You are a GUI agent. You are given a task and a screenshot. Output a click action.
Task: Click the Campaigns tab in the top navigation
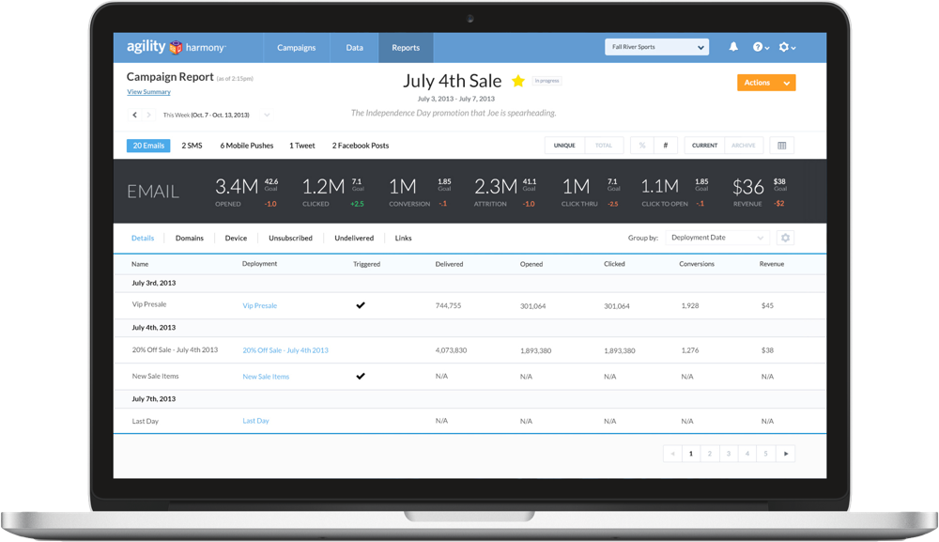pos(296,48)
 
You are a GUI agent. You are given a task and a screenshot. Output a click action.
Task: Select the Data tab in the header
pos(354,48)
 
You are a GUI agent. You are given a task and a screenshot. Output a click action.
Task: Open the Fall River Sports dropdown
pos(656,48)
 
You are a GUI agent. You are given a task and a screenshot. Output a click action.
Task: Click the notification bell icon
pos(733,48)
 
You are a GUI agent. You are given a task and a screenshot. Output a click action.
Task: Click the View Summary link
pos(148,92)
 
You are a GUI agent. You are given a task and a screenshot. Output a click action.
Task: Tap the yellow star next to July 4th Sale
pos(517,82)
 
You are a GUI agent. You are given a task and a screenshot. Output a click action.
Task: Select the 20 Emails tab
pos(148,146)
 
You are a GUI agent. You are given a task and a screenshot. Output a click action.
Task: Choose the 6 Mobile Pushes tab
pos(247,146)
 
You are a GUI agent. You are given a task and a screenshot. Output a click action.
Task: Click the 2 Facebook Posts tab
pos(360,146)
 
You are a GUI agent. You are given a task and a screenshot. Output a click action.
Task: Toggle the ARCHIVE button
pos(743,146)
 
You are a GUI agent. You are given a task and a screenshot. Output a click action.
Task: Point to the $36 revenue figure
pos(748,186)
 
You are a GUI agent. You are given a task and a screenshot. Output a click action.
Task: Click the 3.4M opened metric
pos(236,186)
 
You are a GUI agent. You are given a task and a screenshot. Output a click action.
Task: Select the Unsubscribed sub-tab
pos(290,239)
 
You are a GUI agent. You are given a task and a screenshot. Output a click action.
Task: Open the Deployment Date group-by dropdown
pos(718,239)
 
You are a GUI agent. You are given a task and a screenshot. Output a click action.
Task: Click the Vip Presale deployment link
pos(259,305)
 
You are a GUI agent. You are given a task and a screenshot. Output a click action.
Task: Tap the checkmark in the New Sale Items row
pos(361,376)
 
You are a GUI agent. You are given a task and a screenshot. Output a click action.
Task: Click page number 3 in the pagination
pos(728,454)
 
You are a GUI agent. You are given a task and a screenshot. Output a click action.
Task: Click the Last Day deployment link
pos(255,421)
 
